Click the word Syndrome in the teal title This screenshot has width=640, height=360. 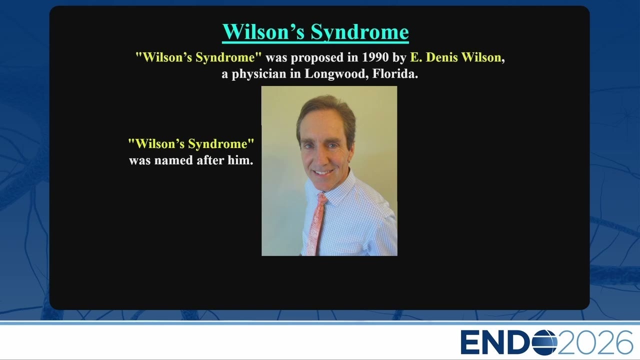359,32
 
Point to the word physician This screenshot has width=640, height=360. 259,74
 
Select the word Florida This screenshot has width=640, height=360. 395,73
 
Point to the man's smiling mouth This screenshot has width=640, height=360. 323,172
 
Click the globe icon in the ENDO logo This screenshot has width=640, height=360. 544,342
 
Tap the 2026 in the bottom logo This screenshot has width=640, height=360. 595,342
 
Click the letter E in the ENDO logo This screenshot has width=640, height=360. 470,342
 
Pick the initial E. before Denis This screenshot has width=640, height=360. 416,57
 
